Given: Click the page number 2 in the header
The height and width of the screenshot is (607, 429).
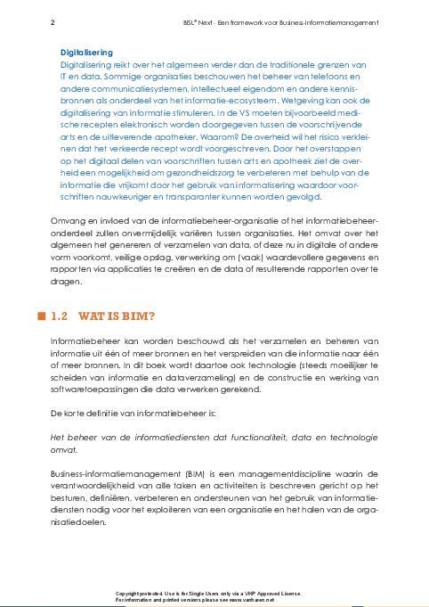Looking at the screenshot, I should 53,21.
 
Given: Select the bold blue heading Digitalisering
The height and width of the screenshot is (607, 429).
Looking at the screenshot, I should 86,53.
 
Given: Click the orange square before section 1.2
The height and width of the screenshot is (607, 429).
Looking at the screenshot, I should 41,316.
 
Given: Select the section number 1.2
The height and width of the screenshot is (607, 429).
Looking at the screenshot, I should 61,316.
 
